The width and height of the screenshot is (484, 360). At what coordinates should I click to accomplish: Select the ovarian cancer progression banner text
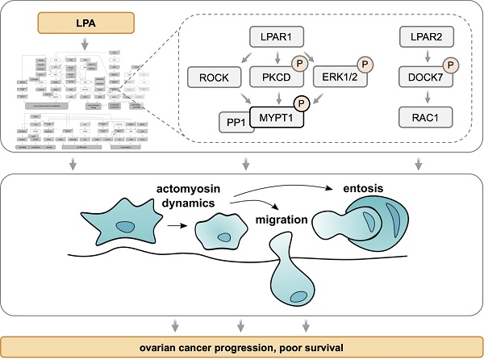click(x=242, y=347)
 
